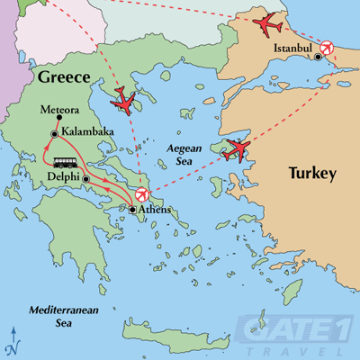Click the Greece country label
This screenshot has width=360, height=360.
pos(65,78)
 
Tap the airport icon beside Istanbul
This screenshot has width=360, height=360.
pos(327,46)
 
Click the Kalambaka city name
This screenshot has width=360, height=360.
pos(89,132)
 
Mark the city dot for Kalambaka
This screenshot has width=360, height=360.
pos(56,134)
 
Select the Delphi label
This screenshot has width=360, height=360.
pos(59,178)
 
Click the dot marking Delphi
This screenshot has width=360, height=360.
pos(85,179)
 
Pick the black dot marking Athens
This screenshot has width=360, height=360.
pos(133,210)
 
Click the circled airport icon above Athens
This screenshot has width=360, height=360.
pos(141,195)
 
